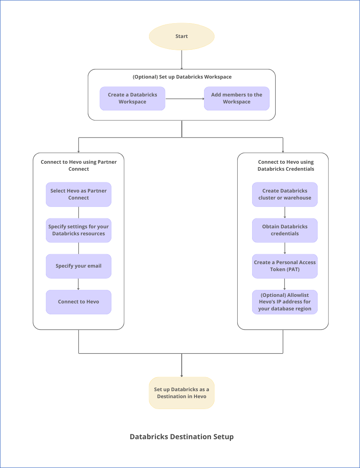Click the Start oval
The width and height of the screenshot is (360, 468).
tap(182, 36)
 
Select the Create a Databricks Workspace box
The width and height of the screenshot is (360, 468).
tap(132, 98)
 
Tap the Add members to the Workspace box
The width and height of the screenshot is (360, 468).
tap(236, 98)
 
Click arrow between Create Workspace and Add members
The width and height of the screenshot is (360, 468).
tap(185, 99)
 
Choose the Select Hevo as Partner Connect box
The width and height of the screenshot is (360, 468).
tap(79, 194)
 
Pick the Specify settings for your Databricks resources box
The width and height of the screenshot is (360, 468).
tap(79, 230)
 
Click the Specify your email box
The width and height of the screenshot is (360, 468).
tap(79, 266)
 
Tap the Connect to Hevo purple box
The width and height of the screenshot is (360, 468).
tap(79, 302)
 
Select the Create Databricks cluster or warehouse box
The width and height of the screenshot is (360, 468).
tap(285, 194)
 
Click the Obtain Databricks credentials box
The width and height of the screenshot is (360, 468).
tap(285, 230)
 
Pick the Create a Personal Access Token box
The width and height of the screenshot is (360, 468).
tap(285, 266)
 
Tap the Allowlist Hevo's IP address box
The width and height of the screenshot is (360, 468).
tap(285, 302)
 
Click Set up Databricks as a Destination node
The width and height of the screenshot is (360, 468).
tap(182, 393)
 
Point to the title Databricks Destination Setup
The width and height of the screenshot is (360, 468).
tap(182, 437)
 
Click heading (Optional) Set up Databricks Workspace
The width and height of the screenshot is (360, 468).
tap(182, 77)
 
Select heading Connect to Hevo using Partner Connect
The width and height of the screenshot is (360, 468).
tap(79, 165)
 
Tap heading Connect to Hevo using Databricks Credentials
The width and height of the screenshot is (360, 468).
tap(286, 165)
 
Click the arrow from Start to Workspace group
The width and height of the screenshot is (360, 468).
tap(182, 59)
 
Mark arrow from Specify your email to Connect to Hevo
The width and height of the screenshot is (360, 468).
tap(79, 284)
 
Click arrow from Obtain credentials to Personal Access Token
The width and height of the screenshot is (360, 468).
tap(285, 248)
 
